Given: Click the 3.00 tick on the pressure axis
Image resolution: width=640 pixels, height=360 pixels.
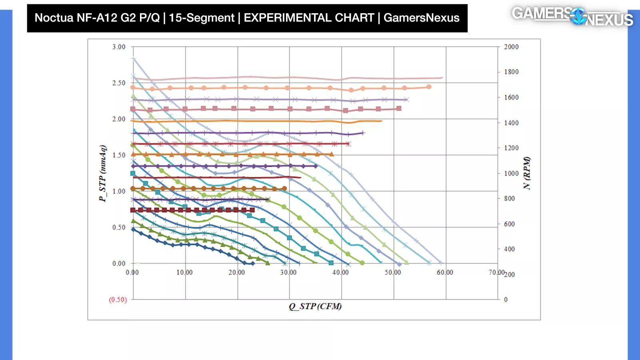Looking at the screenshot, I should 119,47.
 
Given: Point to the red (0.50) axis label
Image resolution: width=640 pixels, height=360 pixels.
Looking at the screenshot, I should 118,300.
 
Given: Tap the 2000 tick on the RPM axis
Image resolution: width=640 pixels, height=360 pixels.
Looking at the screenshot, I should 511,47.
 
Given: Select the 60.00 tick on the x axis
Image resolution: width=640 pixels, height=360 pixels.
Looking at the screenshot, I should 445,272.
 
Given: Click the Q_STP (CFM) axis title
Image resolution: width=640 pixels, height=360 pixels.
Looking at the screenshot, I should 315,306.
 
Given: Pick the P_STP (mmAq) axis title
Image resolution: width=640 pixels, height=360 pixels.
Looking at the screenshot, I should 103,173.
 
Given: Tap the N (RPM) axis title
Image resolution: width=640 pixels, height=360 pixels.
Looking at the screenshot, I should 527,173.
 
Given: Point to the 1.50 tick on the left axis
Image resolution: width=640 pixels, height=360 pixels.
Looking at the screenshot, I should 119,155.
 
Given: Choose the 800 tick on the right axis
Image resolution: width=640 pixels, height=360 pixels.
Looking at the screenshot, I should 509,198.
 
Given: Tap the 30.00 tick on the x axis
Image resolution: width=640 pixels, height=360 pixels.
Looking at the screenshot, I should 288,272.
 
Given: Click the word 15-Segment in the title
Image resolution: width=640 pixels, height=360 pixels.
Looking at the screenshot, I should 201,18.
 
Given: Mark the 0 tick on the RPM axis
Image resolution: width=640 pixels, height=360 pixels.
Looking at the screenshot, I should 506,300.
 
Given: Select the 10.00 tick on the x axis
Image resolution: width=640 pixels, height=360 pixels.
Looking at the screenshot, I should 184,272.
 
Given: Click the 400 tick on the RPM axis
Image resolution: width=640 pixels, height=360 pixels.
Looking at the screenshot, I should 509,249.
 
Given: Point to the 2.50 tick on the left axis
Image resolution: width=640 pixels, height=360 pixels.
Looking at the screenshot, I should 119,83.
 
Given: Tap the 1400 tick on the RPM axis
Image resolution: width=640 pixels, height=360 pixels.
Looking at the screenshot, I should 511,123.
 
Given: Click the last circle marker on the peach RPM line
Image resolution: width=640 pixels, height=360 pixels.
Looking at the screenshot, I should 429,87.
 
